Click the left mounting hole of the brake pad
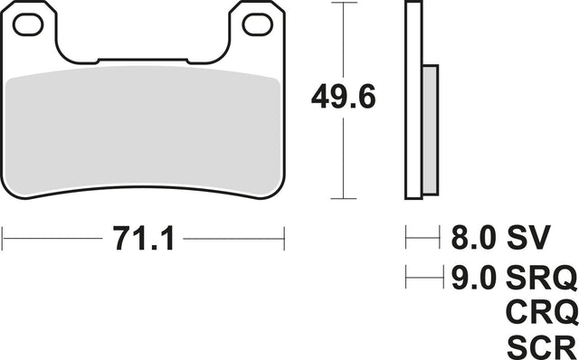pos(28,24)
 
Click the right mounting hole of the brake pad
pos(258,24)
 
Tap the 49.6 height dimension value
pos(344,97)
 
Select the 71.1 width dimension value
pos(143,238)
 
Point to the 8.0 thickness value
pos(473,237)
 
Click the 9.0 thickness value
pos(473,277)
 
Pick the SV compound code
pos(528,237)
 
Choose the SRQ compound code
pos(541,278)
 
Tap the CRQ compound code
pos(542,312)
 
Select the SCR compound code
pos(541,347)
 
